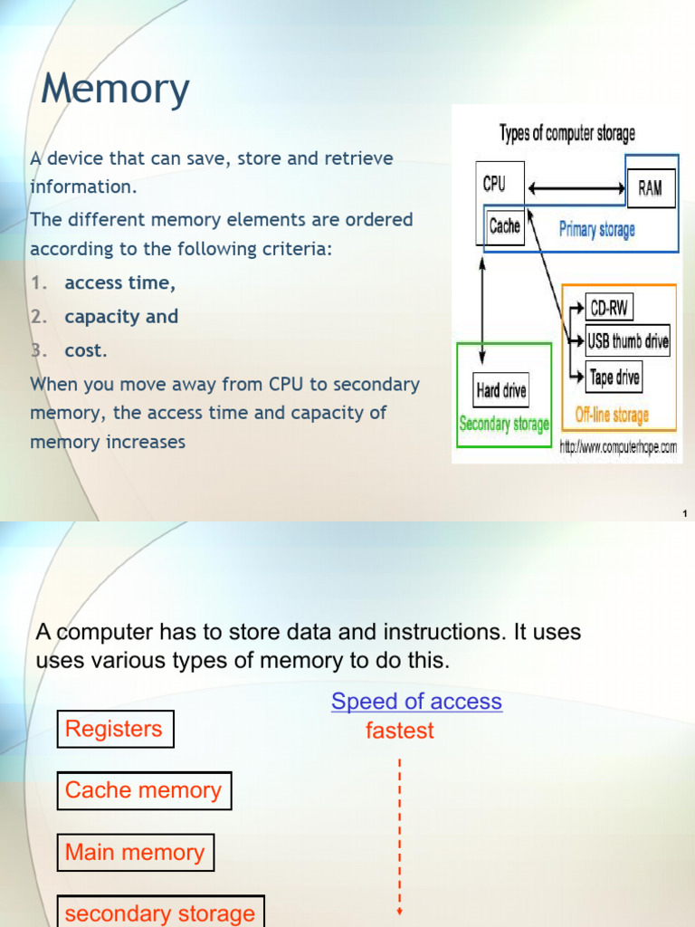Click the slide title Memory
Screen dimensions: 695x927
[115, 89]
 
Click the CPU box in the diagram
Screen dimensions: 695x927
[494, 184]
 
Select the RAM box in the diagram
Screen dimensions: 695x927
[650, 188]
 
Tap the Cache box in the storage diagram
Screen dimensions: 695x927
[504, 226]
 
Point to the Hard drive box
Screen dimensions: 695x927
[500, 392]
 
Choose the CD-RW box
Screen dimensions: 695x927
[608, 308]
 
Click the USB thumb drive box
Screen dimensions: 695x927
[628, 341]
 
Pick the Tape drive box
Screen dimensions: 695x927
[614, 377]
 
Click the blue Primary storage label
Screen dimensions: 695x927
[596, 230]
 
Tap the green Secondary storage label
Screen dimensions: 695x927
[504, 424]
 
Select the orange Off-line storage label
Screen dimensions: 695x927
[612, 416]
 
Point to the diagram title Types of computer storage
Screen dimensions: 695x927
[566, 133]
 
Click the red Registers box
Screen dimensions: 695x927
[115, 729]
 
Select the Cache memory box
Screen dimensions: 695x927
[144, 790]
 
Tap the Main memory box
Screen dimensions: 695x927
[136, 852]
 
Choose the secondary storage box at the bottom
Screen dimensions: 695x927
[160, 913]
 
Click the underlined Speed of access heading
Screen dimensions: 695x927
[416, 702]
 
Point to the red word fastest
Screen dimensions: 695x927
[399, 731]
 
